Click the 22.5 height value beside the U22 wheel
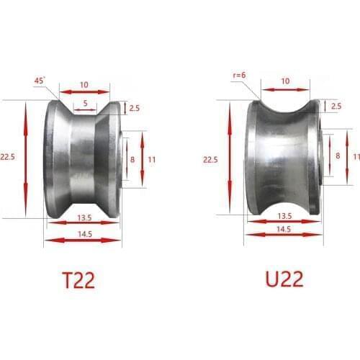pyautogui.click(x=210, y=159)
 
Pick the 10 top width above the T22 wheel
pyautogui.click(x=84, y=85)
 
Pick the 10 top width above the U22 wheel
pyautogui.click(x=286, y=81)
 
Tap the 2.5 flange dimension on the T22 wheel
pyautogui.click(x=134, y=108)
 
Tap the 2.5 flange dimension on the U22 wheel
pyautogui.click(x=336, y=106)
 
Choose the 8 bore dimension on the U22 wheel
pyautogui.click(x=338, y=156)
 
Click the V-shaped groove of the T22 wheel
pyautogui.click(x=84, y=158)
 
